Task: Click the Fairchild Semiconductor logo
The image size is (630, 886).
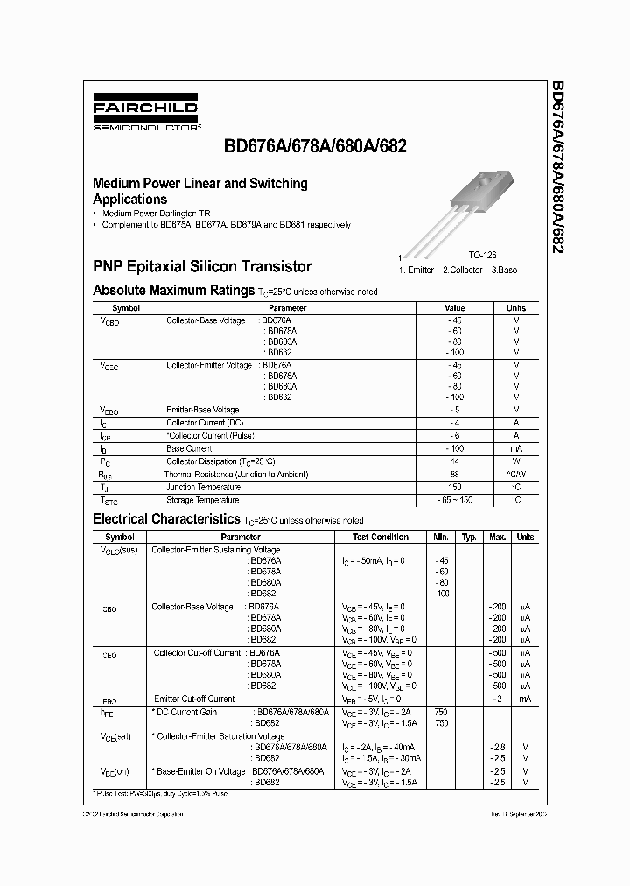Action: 145,115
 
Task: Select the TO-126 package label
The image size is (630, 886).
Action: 482,255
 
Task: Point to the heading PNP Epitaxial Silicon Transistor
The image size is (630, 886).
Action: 202,266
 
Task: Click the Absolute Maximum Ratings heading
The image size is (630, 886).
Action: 173,290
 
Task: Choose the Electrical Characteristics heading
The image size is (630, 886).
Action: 165,519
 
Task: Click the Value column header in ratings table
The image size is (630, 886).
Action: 455,308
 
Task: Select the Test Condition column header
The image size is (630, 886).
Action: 380,537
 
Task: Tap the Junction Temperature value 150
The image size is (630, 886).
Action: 455,487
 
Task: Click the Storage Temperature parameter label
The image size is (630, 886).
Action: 204,500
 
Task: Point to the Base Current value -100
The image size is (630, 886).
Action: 455,448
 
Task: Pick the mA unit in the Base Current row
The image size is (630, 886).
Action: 516,448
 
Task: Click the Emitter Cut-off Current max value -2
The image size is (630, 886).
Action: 497,699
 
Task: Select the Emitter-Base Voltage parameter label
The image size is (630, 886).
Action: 202,410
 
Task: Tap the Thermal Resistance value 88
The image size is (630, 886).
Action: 455,474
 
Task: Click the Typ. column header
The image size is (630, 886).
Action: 469,537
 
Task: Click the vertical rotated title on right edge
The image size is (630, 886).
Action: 556,167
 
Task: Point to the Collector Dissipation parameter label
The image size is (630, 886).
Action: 220,461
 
